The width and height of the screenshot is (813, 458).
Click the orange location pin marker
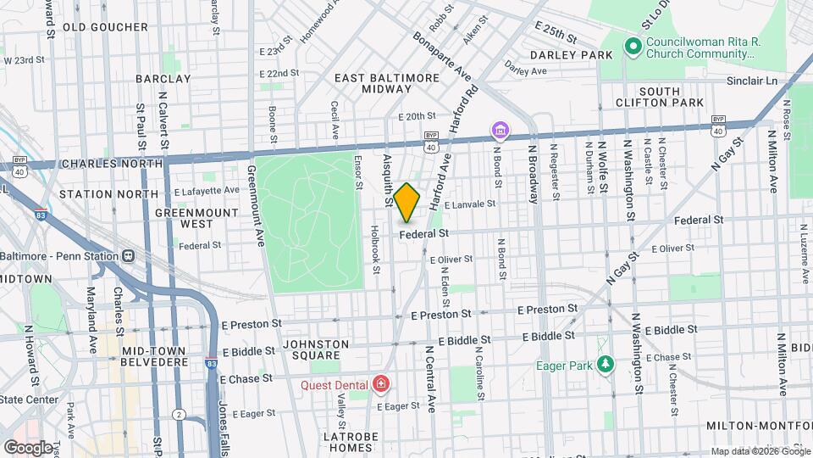click(406, 202)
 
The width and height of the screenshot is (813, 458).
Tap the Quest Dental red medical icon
click(381, 385)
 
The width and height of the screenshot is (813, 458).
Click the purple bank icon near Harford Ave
click(501, 130)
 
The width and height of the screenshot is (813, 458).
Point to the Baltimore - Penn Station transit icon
click(128, 255)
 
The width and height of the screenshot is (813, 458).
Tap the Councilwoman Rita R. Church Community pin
click(631, 47)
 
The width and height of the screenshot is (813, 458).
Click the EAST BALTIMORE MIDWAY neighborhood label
click(387, 83)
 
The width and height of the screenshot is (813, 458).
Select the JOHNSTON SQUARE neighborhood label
click(315, 350)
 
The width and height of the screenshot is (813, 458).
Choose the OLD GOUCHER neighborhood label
click(100, 27)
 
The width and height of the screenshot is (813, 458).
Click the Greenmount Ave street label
click(252, 204)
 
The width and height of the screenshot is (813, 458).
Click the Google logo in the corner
click(27, 447)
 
